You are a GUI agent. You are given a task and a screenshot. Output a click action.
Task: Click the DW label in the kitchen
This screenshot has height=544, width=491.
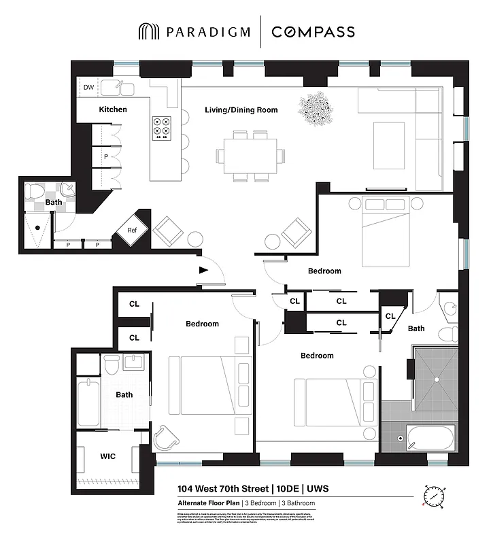coord(88,88)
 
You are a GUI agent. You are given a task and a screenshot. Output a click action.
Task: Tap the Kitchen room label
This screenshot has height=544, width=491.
coord(113,109)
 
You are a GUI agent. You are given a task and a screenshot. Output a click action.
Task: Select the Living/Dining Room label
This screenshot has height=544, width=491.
coord(241,109)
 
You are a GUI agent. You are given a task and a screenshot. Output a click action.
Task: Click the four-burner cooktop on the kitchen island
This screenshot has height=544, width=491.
coord(163,126)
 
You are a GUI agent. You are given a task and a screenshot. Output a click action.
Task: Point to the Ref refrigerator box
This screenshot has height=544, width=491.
coord(132,230)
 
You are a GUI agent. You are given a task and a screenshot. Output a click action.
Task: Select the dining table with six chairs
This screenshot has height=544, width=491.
coord(247,156)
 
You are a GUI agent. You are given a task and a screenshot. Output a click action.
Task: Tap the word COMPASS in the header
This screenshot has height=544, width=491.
coord(312,32)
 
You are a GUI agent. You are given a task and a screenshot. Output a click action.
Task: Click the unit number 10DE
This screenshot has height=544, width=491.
coord(289,488)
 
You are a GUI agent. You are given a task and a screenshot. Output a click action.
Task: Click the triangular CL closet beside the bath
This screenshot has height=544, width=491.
coord(391,317)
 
